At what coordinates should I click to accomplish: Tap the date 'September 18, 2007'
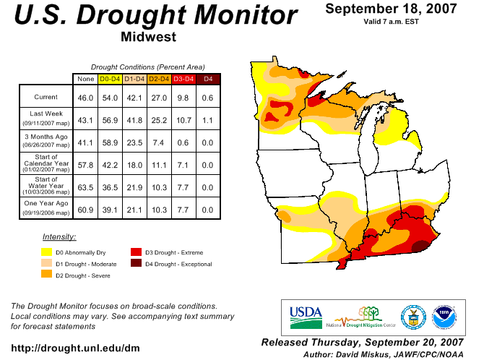click(390, 9)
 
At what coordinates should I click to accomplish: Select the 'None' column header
click(85, 78)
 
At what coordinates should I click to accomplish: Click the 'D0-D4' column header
click(110, 78)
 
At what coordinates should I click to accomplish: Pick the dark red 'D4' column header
click(208, 78)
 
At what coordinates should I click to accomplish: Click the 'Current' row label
click(46, 97)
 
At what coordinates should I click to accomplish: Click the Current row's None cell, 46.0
click(85, 97)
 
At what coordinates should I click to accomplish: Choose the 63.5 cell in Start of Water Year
click(85, 187)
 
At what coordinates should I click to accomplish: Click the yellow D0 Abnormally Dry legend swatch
click(46, 252)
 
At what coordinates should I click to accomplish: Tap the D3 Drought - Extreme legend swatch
click(136, 252)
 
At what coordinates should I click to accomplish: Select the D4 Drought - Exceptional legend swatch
click(136, 264)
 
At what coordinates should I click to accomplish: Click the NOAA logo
click(444, 316)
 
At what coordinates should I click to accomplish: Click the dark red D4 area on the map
click(418, 247)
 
